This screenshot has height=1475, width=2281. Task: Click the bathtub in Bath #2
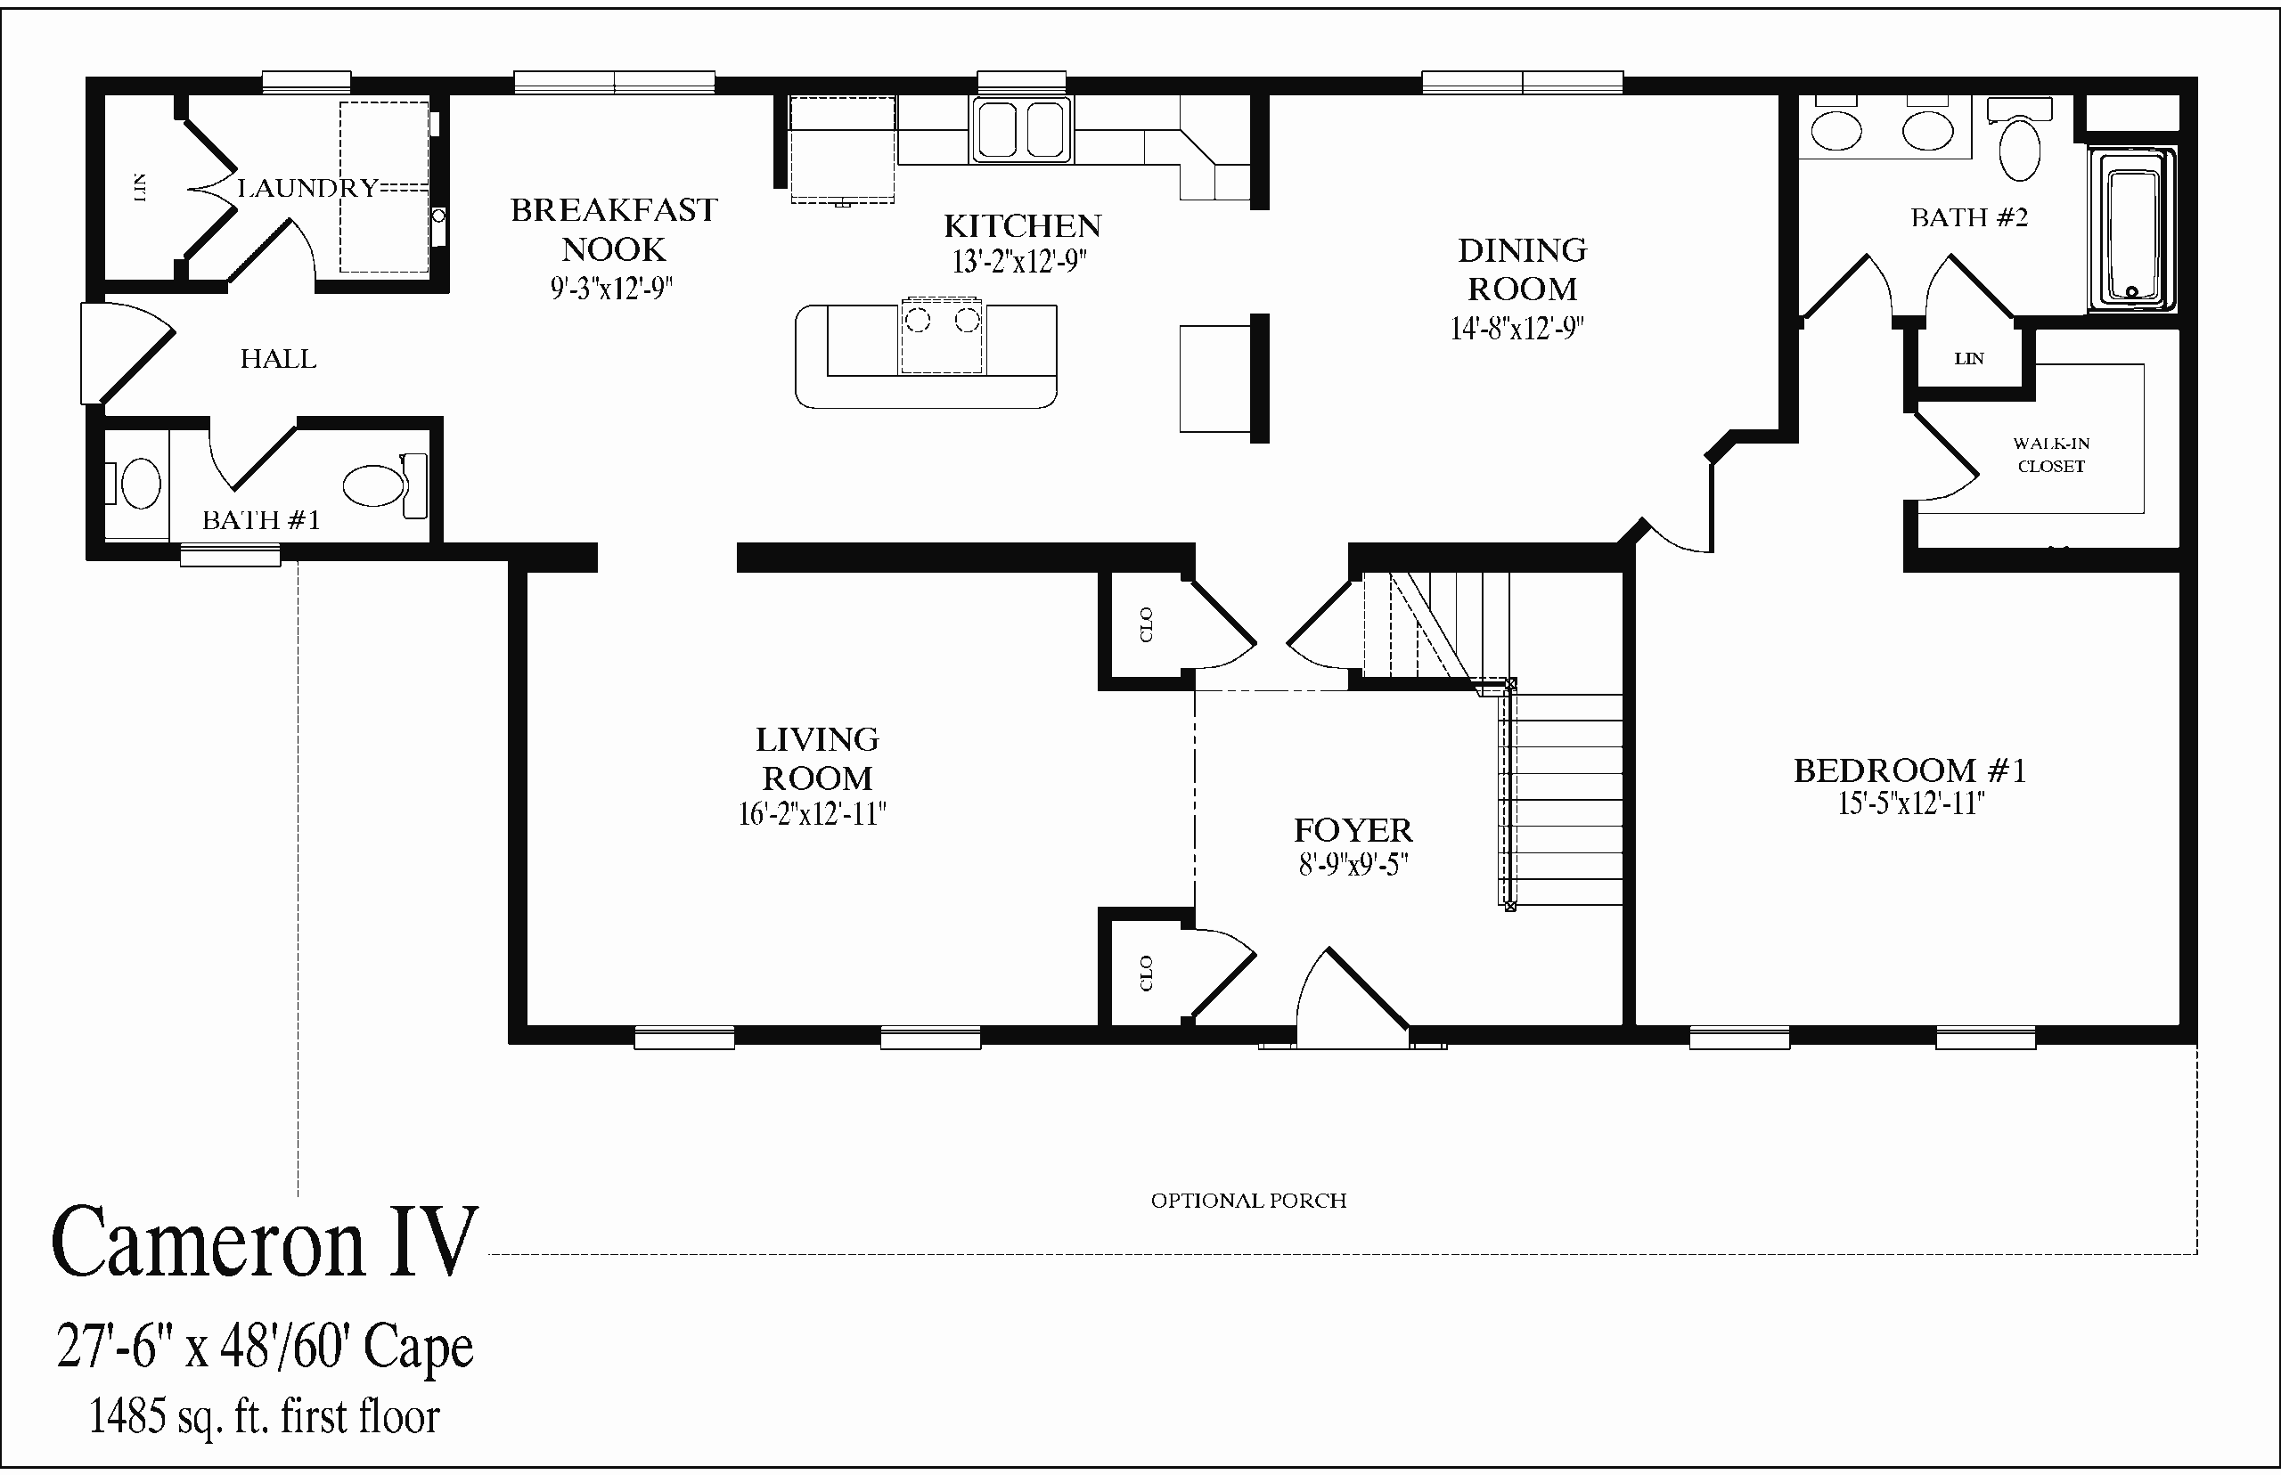click(2132, 230)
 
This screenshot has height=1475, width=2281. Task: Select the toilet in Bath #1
click(385, 485)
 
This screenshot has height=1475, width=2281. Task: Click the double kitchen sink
click(1021, 129)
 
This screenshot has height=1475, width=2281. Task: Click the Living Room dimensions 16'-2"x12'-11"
click(813, 814)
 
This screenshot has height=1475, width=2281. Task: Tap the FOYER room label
click(1353, 829)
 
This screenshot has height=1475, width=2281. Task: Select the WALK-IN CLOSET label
click(2051, 455)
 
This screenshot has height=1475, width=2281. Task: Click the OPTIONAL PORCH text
click(1248, 1201)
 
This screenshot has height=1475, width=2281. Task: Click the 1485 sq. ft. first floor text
click(265, 1416)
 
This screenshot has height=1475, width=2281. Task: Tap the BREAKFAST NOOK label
click(614, 230)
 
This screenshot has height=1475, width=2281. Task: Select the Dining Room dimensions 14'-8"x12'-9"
click(1517, 329)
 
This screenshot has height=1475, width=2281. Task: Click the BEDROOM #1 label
click(1910, 770)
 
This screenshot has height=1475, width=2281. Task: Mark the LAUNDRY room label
click(307, 188)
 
